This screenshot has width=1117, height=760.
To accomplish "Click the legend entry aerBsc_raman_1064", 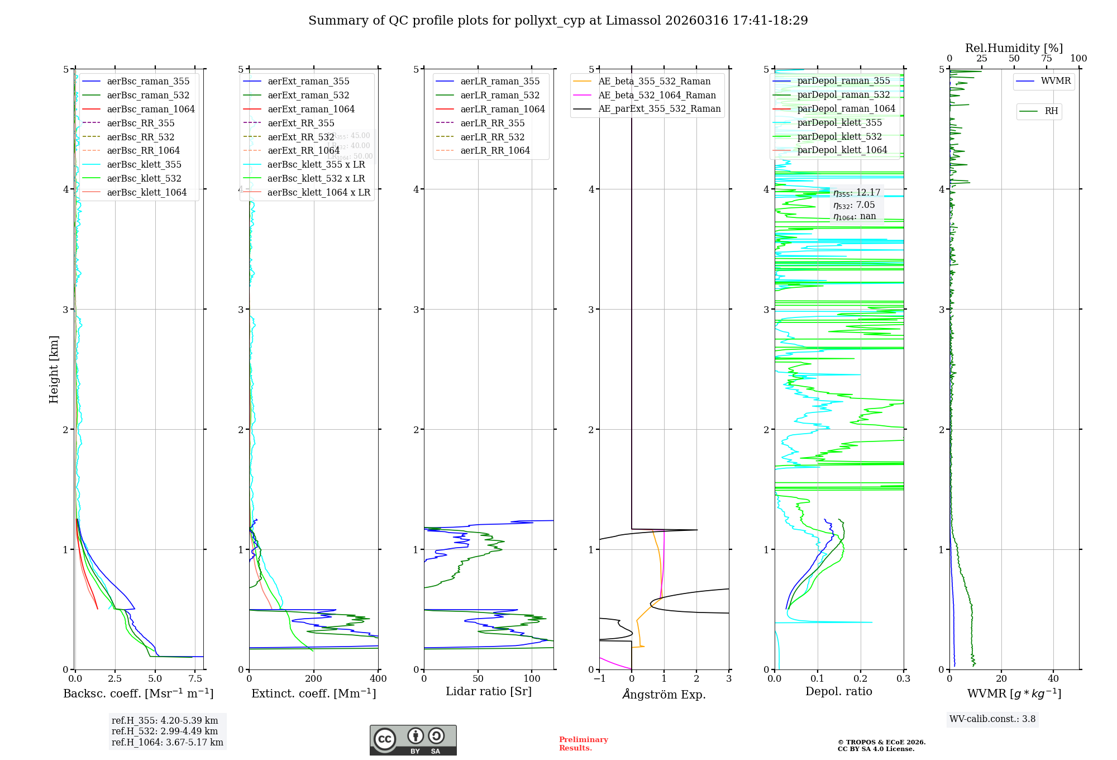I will click(151, 109).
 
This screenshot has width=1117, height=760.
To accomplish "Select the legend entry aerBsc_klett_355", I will click(144, 164).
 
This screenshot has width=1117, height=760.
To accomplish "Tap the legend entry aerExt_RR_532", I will click(300, 137).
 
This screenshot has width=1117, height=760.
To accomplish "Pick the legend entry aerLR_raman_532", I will click(500, 96).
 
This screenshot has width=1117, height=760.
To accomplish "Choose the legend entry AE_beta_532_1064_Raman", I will click(657, 95).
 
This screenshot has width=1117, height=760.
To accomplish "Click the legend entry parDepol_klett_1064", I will click(842, 150).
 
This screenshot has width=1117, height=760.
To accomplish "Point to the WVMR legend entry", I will click(1056, 81).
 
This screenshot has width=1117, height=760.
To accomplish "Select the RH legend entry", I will click(1051, 111).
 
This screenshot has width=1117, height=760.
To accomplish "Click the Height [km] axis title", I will click(54, 369).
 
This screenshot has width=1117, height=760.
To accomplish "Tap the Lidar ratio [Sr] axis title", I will click(489, 691).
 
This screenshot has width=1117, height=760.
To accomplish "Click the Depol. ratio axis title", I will click(838, 691).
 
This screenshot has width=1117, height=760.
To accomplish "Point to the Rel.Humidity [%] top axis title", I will click(1014, 48).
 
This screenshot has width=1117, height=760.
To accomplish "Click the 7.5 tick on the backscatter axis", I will click(195, 678).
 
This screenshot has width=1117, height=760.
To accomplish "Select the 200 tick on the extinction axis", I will click(314, 678).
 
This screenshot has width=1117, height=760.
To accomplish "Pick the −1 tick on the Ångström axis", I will click(599, 678).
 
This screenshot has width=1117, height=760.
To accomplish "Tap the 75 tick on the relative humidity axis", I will click(1046, 58).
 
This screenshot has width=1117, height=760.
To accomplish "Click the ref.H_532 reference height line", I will click(164, 731).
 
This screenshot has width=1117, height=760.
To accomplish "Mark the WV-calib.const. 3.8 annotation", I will click(992, 719).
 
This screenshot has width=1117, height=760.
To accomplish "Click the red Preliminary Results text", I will click(583, 743).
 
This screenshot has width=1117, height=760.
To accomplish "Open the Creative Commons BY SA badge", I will click(413, 740).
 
